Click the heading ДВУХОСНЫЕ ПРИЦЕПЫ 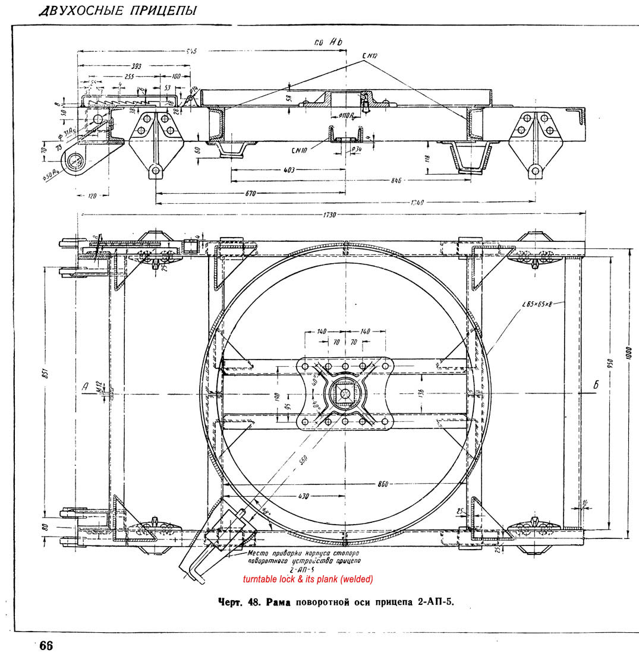116,11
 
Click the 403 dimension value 289,170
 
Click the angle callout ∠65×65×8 536,304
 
